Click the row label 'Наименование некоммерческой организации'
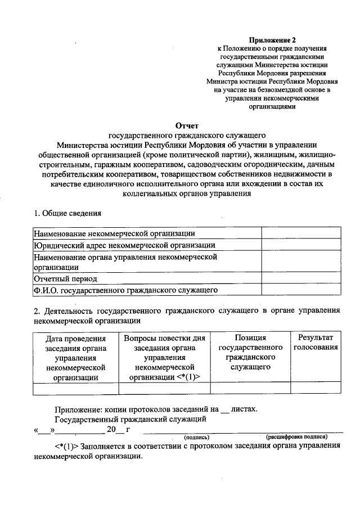click(114, 233)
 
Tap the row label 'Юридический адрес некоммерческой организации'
click(124, 245)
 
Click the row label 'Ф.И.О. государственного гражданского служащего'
click(125, 290)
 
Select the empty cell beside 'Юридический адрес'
click(300, 245)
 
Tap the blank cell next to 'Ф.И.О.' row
click(300, 290)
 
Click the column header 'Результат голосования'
click(316, 343)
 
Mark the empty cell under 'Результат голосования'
click(316, 389)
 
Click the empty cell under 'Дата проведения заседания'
click(76, 389)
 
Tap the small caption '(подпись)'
click(196, 437)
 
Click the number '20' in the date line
click(112, 430)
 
